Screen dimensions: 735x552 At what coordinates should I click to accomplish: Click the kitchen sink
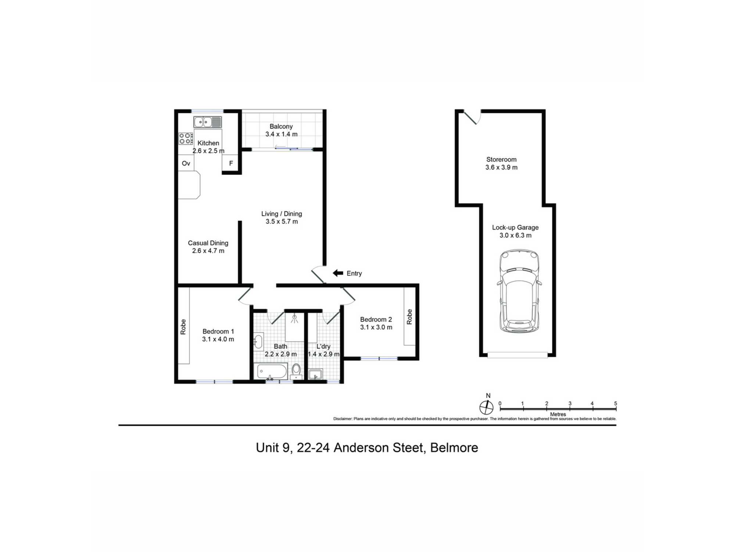tap(208, 122)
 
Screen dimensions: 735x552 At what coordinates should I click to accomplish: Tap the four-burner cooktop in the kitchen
tap(186, 138)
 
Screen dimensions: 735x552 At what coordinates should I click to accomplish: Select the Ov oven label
tap(186, 163)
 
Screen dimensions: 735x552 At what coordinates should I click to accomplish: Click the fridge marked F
tap(231, 163)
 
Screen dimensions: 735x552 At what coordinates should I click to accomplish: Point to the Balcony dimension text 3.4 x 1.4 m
tap(282, 134)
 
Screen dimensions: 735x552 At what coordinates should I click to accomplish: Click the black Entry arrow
tap(338, 273)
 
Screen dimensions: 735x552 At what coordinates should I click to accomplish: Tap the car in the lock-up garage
tap(519, 291)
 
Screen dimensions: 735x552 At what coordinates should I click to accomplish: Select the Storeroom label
tap(501, 159)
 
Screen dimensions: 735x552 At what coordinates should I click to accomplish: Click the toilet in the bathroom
tap(296, 371)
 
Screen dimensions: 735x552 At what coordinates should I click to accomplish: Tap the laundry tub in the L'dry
tap(315, 375)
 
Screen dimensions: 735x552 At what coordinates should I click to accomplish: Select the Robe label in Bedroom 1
tap(183, 327)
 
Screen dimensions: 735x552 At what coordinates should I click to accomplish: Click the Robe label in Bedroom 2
tap(409, 317)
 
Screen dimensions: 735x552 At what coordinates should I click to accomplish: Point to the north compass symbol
tap(486, 407)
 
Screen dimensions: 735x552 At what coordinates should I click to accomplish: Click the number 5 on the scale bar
tap(616, 403)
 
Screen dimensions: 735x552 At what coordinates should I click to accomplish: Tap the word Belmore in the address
tap(454, 448)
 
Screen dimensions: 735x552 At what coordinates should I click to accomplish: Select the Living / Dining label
tap(282, 214)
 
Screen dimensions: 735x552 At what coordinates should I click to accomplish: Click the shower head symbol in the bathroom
tap(294, 319)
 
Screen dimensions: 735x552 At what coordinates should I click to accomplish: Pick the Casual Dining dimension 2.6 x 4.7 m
tap(208, 251)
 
